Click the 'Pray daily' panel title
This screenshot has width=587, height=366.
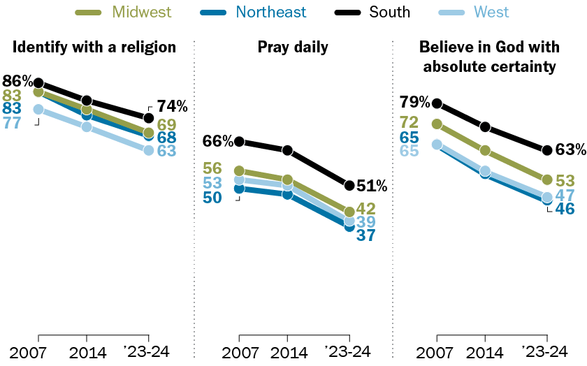click(293, 47)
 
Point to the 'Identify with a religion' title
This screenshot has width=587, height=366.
click(94, 47)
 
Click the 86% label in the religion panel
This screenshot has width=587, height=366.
click(17, 80)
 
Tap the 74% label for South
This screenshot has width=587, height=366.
click(172, 106)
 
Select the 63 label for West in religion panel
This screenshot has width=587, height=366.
click(166, 150)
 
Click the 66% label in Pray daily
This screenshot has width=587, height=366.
click(218, 141)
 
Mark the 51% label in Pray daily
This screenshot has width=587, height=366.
click(371, 186)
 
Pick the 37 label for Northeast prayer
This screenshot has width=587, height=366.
click(365, 235)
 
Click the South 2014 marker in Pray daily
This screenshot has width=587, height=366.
click(287, 150)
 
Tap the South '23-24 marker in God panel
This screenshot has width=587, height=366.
click(547, 149)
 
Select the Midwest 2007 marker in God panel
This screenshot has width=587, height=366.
click(437, 124)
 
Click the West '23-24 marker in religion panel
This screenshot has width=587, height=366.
click(148, 149)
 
